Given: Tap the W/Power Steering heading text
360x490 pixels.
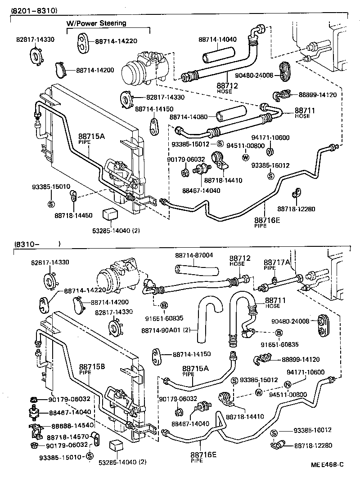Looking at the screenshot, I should tap(97, 23).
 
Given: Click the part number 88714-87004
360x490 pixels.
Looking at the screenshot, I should tap(194, 255).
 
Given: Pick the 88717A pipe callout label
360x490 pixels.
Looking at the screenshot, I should tap(277, 263).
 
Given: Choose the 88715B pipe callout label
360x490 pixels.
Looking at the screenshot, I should tap(92, 367).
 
